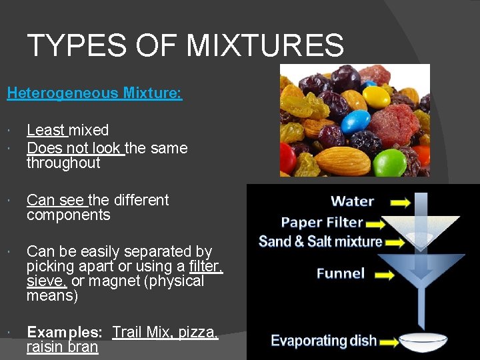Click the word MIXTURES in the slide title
click(265, 45)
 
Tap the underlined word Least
click(46, 130)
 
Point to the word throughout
click(63, 163)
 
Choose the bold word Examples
click(64, 332)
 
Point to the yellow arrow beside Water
click(400, 201)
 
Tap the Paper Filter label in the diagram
click(322, 222)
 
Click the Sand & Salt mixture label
click(321, 241)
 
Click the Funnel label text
click(340, 273)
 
